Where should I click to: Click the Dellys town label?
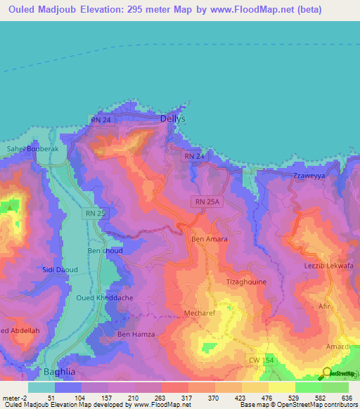173,119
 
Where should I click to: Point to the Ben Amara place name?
209,239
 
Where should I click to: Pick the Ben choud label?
105,251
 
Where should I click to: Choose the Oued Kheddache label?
105,298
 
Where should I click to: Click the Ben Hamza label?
134,333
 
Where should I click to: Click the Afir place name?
323,306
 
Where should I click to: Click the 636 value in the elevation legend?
347,398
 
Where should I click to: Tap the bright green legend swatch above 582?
308,387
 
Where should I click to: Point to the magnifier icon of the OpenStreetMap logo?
328,372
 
